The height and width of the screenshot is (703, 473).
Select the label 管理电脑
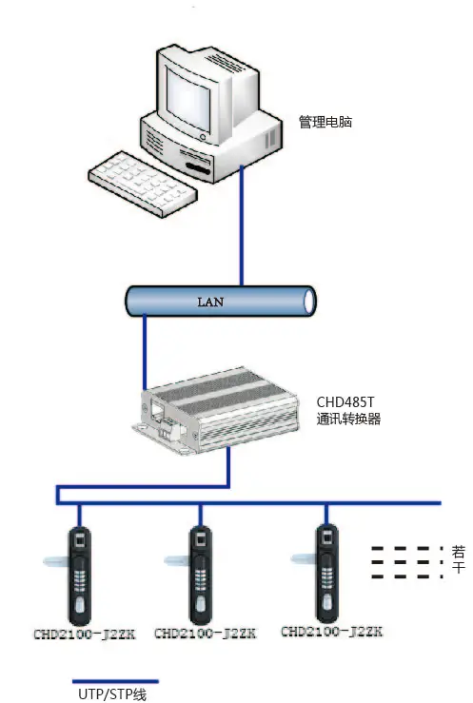[325, 123]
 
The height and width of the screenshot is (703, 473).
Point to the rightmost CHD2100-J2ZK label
[325, 631]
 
